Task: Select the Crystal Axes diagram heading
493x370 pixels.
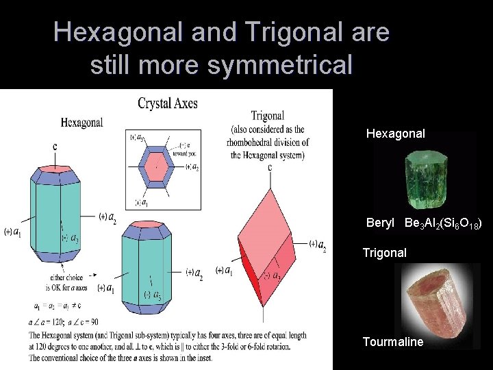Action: (168, 103)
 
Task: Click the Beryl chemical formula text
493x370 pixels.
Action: (444, 224)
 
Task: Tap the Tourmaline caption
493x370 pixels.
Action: (393, 341)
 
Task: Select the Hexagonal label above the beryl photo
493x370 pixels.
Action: (396, 134)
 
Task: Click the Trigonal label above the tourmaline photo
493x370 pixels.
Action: (384, 253)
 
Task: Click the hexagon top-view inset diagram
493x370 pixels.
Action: (163, 169)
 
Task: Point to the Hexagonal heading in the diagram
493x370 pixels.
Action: (82, 123)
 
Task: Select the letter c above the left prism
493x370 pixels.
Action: (55, 146)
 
